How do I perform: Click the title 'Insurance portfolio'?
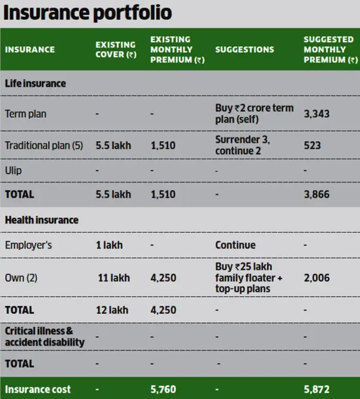point(87,13)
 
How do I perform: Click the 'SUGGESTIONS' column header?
point(244,49)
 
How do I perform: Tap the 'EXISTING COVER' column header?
point(116,49)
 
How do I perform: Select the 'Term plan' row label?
point(25,114)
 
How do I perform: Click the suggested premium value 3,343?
point(316,114)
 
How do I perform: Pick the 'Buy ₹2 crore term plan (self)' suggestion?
point(254,114)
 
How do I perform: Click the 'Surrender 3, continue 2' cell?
point(242,146)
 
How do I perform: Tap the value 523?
point(312,146)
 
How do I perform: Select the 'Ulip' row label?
point(13,170)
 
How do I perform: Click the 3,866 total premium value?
point(316,194)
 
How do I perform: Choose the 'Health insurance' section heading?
point(42,220)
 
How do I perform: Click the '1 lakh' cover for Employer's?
point(109,245)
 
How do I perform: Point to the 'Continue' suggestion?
point(235,245)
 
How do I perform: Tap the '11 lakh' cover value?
point(114,278)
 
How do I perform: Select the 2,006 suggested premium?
point(316,278)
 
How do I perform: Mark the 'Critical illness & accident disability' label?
point(45,336)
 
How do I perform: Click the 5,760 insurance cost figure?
point(163,389)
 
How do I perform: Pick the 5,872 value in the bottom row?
point(316,389)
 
